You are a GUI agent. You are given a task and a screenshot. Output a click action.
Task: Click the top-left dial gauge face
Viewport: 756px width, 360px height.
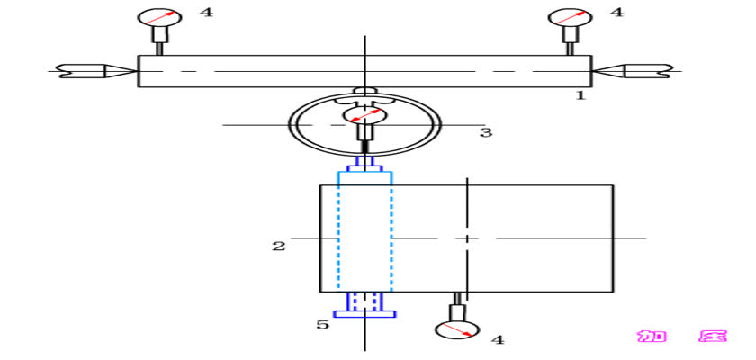(x=160, y=17)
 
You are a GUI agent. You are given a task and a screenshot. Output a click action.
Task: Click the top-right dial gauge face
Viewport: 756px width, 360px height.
(x=571, y=17)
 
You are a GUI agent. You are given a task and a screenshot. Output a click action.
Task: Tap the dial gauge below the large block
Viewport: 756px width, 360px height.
(x=457, y=329)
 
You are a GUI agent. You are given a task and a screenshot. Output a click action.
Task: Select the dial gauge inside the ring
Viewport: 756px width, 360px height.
(x=364, y=115)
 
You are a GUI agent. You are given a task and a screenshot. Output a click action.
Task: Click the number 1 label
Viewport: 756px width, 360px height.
(x=580, y=95)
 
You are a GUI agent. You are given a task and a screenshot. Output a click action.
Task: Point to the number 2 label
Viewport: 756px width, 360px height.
(x=279, y=247)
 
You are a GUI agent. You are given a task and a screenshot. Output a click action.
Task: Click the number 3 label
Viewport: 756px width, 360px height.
(x=485, y=132)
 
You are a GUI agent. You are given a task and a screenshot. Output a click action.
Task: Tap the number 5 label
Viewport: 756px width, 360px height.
(x=322, y=324)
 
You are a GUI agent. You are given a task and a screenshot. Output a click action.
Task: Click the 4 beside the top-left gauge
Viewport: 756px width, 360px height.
(x=206, y=12)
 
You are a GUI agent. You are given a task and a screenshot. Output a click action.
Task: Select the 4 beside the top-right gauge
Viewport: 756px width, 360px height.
(x=616, y=12)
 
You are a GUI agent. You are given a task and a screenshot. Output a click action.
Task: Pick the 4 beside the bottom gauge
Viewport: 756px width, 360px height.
(x=497, y=340)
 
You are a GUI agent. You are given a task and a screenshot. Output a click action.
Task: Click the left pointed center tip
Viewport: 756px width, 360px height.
(x=137, y=71)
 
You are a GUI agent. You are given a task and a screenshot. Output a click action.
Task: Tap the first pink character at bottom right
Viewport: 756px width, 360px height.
(x=652, y=336)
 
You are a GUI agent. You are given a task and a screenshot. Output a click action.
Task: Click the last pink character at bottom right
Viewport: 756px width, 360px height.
(x=713, y=336)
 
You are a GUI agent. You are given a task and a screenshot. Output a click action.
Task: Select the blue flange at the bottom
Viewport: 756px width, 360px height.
(x=364, y=314)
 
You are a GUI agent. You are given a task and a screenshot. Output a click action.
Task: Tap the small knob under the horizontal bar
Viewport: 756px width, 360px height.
(x=364, y=91)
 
